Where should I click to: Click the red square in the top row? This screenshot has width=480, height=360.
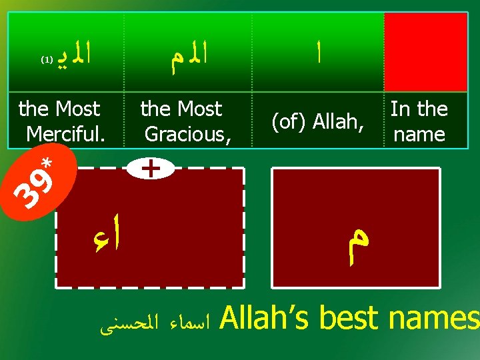425,52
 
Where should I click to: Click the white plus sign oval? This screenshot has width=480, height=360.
152,169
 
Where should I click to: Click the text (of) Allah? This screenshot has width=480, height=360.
317,121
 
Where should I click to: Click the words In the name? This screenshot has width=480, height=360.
419,121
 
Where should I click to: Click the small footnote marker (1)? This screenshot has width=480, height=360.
47,59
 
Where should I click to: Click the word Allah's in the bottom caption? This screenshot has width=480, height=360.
265,319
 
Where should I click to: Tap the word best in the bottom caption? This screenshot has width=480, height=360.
350,319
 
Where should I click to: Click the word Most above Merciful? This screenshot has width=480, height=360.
78,109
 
